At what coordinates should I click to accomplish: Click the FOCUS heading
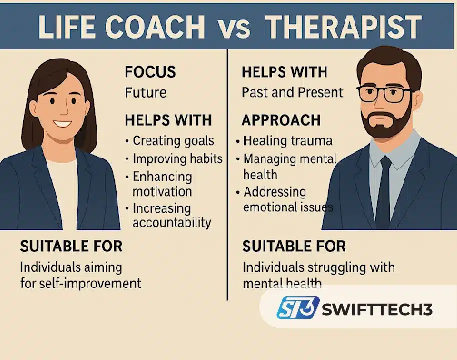coord(150,72)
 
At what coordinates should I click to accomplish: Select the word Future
coord(146,93)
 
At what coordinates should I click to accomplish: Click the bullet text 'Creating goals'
coord(173,141)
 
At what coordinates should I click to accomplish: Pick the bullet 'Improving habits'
coord(177,159)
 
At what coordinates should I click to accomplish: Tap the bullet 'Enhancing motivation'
coord(162,184)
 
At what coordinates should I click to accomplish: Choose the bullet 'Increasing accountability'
coord(171,215)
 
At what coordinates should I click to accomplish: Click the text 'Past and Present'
coord(292,93)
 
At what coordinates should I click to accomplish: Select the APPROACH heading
coord(281,120)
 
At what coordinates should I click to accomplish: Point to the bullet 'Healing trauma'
coord(287,141)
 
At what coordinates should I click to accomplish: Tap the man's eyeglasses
coord(385,94)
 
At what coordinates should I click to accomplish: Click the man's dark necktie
coord(383,190)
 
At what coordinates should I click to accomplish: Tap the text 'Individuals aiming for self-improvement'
coord(80,275)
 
